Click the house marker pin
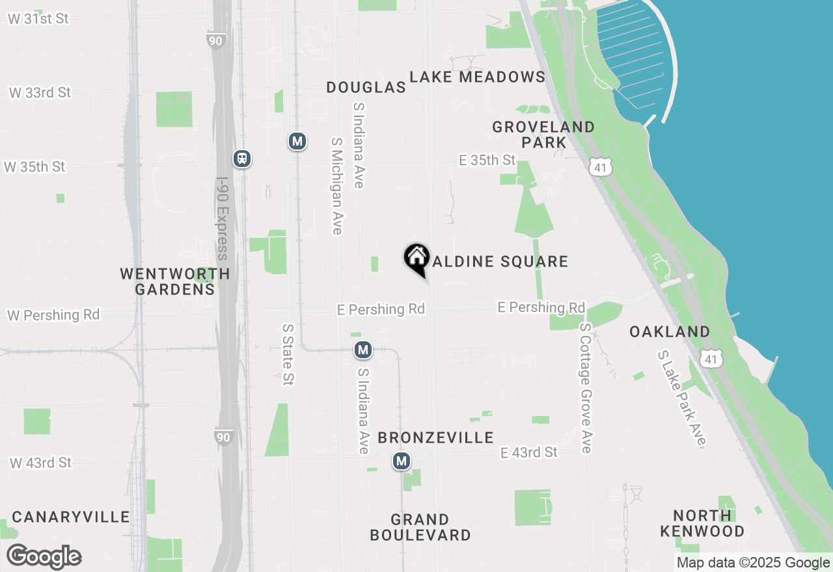tap(416, 258)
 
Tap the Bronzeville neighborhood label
tap(435, 437)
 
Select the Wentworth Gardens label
tap(175, 281)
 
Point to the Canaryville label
tap(71, 517)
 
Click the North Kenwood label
tap(702, 523)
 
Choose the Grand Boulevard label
tap(420, 527)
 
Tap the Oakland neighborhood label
tap(670, 331)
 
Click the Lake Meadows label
tap(477, 77)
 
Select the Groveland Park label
tap(543, 135)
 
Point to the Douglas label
tap(366, 87)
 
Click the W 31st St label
tap(38, 18)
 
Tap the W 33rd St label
tap(40, 92)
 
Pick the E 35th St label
tap(487, 160)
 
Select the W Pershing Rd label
tap(53, 315)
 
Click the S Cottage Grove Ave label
tap(586, 388)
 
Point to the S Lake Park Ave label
tap(681, 398)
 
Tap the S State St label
tap(287, 355)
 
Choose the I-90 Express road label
tap(223, 219)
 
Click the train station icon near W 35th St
tap(242, 158)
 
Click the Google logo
tap(44, 557)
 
